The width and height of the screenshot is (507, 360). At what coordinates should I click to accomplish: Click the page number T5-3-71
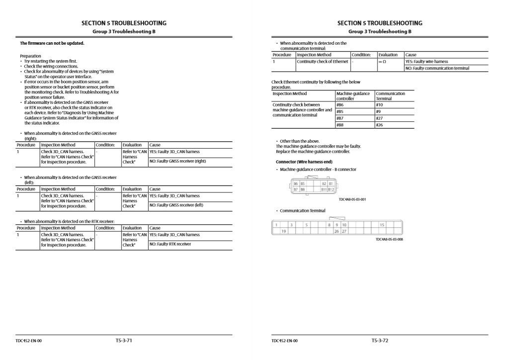click(x=123, y=341)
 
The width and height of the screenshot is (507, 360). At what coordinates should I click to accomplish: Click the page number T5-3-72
click(x=379, y=341)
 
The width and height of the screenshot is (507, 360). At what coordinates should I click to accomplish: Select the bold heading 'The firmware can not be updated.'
click(x=52, y=43)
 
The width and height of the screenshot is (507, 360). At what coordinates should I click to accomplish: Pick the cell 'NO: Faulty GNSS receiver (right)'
click(x=177, y=161)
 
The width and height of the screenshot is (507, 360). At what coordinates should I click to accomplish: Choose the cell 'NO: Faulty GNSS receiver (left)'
click(x=176, y=205)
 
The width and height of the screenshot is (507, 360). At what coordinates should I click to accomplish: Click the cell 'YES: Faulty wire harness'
click(x=426, y=62)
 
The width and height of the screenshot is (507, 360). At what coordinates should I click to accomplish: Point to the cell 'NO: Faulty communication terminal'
click(x=437, y=68)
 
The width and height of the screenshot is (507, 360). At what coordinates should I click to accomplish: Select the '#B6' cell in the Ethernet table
click(x=340, y=105)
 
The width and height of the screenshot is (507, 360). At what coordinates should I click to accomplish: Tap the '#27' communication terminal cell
click(x=379, y=118)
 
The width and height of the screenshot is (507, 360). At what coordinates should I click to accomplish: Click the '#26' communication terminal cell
click(x=379, y=125)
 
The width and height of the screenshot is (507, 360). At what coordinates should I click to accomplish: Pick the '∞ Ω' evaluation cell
click(x=382, y=62)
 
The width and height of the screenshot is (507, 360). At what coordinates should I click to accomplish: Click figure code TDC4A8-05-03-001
click(x=352, y=199)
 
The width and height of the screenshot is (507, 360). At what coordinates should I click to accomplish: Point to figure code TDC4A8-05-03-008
click(x=389, y=239)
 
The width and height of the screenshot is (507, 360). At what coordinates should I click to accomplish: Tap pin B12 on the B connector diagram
click(x=331, y=189)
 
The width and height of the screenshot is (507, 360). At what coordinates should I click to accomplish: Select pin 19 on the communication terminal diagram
click(x=284, y=231)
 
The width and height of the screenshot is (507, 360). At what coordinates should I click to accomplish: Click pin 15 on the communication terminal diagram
click(x=382, y=225)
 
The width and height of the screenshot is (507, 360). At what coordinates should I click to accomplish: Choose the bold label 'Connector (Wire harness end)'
click(x=304, y=162)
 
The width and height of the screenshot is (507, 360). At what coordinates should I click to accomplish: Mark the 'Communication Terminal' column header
click(x=390, y=96)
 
